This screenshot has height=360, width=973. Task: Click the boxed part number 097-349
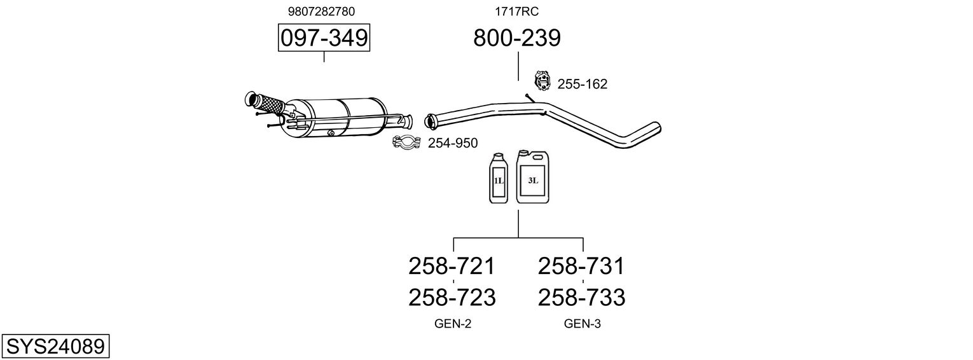point(324,38)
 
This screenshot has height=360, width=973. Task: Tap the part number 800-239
point(517,38)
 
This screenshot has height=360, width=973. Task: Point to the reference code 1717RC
point(517,11)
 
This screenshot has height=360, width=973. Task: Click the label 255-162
point(582,84)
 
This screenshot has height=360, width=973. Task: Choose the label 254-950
point(452,143)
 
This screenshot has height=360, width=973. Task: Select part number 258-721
point(452,266)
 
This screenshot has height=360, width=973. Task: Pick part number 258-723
point(452,297)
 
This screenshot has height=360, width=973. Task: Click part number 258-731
point(581,266)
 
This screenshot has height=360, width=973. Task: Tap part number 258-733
point(581,297)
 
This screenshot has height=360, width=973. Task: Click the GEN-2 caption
point(453,324)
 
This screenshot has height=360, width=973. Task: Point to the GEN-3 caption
point(582,324)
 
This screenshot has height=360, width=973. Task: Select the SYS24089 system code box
point(55,347)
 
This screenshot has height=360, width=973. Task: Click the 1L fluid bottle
point(499,179)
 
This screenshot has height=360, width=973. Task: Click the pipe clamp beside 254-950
point(406,143)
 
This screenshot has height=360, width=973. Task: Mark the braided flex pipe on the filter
point(268,104)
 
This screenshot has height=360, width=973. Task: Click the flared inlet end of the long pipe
point(430,120)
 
